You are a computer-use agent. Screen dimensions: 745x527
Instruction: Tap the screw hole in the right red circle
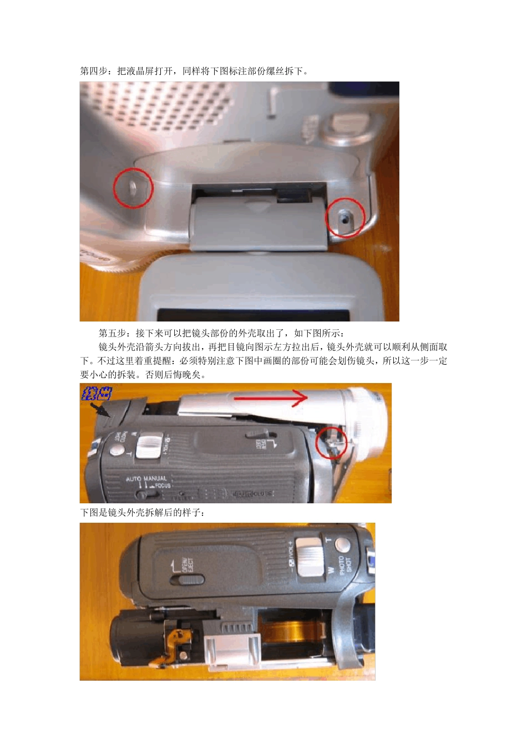(x=345, y=218)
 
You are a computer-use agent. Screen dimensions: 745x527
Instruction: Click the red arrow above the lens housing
(x=270, y=397)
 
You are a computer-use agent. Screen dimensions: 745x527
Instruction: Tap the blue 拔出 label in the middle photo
(x=97, y=394)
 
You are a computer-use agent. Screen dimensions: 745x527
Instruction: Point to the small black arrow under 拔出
(x=101, y=410)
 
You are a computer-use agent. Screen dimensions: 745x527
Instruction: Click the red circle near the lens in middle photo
(x=331, y=442)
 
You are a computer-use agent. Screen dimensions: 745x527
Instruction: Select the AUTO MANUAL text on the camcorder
(x=146, y=478)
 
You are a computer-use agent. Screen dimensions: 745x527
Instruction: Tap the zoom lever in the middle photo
(x=149, y=445)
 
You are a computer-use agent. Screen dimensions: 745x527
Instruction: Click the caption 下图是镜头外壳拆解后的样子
(x=143, y=513)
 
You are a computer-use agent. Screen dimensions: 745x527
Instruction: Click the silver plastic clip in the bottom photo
(x=232, y=651)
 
